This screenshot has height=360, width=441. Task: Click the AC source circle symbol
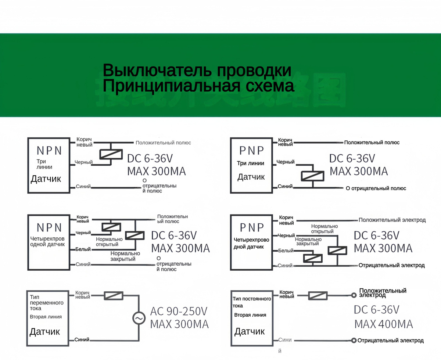point(139,318)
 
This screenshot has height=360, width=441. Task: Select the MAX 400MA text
point(384,324)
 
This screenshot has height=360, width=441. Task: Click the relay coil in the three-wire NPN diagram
point(111,154)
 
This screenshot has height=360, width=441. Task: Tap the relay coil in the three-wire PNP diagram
point(312,176)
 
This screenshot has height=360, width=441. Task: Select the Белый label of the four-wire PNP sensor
point(286,251)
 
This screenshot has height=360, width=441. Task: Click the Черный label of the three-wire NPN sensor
point(83,162)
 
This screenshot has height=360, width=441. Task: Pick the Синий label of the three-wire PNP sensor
point(285,187)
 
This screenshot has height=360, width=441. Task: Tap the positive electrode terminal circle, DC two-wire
point(354,295)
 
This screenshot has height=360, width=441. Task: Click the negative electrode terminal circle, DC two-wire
point(354,341)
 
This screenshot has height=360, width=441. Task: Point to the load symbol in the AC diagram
point(114,295)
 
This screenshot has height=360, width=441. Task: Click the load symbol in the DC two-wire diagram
point(318,295)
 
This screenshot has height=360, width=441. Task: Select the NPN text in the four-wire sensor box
point(49,227)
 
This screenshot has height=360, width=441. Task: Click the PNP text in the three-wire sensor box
point(252,150)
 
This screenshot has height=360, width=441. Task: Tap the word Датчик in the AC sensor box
point(44,332)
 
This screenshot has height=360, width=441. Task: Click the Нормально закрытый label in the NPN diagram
point(125,256)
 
